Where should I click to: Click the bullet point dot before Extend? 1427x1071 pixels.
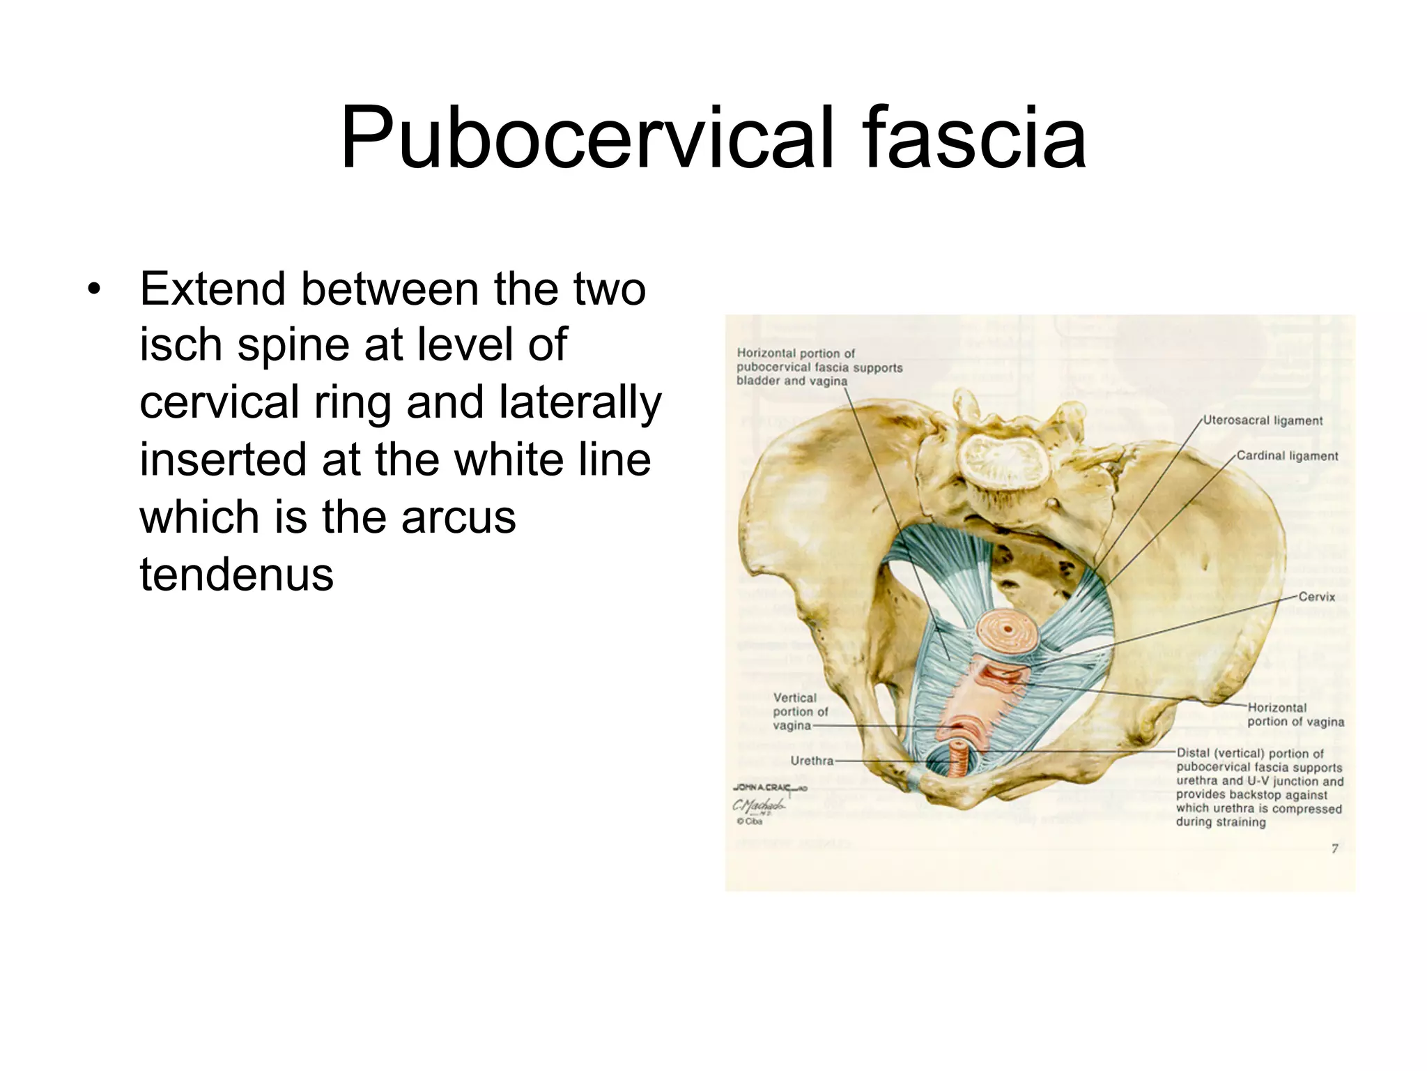pos(94,289)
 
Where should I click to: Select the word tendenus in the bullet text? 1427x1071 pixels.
pos(237,575)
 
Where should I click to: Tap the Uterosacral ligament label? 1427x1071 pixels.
pos(1263,420)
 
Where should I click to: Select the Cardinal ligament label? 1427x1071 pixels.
pos(1287,456)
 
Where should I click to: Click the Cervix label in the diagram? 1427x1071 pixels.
pos(1317,597)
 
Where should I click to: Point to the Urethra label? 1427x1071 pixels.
pos(812,761)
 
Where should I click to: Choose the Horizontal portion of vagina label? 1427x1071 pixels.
pos(1295,715)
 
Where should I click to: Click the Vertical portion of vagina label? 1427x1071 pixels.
pos(799,711)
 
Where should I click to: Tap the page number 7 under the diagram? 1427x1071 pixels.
pos(1334,849)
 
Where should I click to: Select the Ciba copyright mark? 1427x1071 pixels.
pos(750,821)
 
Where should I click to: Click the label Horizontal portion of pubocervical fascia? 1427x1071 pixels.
pos(819,367)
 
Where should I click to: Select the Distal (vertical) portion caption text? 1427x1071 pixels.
pos(1259,787)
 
